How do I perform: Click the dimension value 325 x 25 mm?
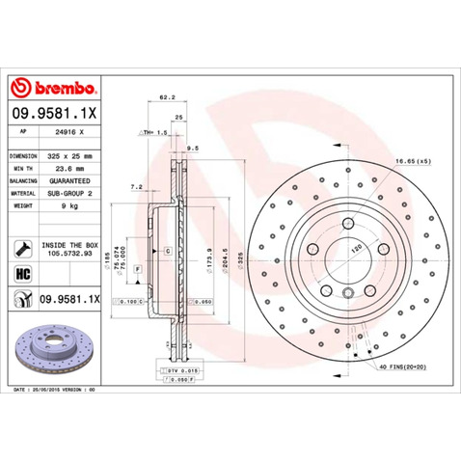coord(70,155)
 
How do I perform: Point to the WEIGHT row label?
coord(23,205)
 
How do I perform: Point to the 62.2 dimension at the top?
coord(165,96)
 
